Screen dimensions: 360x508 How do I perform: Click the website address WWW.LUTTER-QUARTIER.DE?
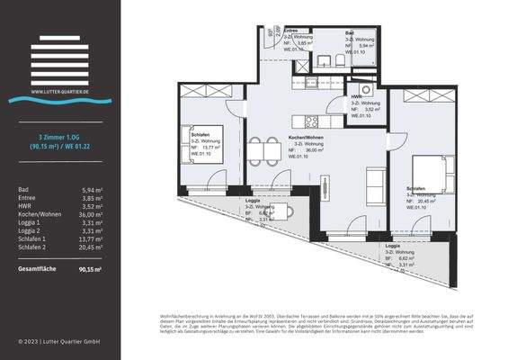[x=60, y=91]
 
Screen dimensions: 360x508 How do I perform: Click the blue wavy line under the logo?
[x=60, y=100]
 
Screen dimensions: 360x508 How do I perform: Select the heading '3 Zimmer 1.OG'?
[x=60, y=136]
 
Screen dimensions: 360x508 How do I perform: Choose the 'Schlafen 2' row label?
[x=32, y=248]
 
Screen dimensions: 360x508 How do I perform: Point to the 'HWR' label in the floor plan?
[x=356, y=97]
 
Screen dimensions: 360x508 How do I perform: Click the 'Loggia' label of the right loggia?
[x=393, y=245]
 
